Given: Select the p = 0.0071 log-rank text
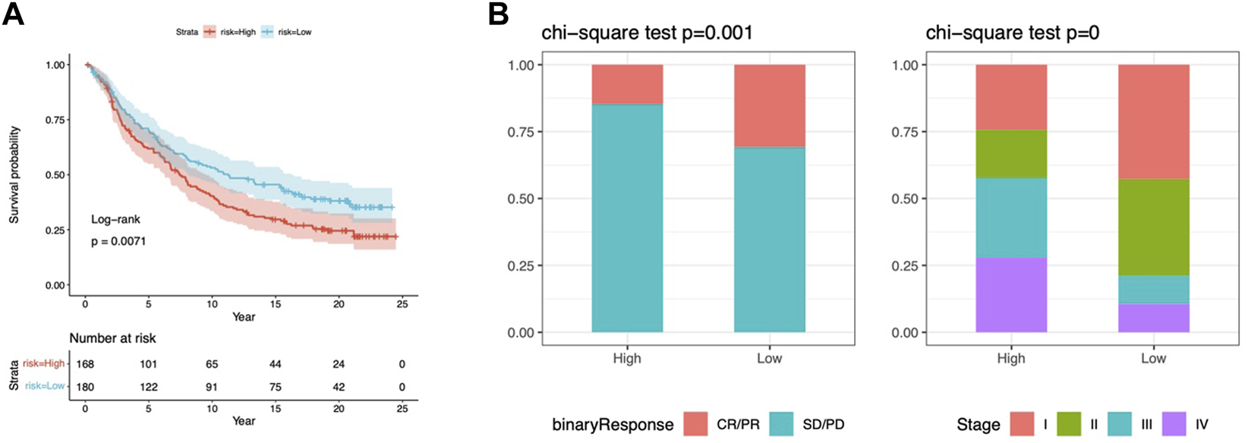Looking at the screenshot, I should coord(118,241).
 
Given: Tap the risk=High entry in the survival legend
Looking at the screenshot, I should coord(229,32).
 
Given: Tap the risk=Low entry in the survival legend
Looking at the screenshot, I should coord(286,32).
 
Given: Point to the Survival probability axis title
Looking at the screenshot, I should coord(14,175).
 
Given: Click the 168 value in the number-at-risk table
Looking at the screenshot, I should coord(85,364).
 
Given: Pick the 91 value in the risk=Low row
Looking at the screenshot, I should coord(212,387).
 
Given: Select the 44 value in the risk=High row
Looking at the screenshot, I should coord(276,364).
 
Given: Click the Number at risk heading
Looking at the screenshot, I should coord(112,338).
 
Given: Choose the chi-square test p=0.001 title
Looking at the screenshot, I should coord(647,33).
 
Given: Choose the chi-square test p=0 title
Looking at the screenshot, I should coord(1012,33).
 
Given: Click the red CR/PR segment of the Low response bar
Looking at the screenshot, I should coord(770,105).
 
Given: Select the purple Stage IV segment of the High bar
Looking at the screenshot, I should coord(1011,295).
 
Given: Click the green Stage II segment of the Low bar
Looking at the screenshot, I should coord(1154,228).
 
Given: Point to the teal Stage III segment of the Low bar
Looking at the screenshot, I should coord(1154,290).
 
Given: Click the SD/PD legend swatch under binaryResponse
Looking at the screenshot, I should coord(781,424).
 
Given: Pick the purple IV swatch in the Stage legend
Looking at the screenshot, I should coord(1174,424).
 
